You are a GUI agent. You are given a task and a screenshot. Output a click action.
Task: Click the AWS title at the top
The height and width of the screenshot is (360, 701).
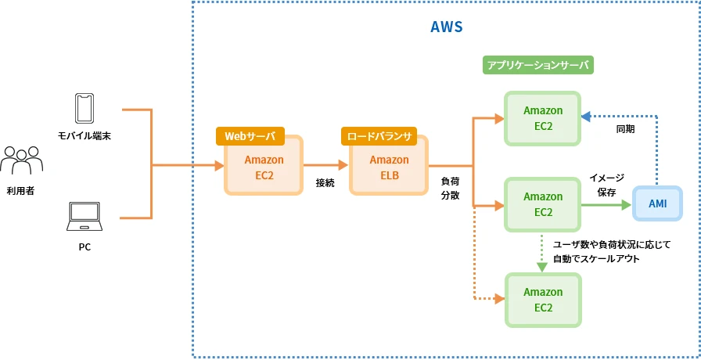tap(447, 27)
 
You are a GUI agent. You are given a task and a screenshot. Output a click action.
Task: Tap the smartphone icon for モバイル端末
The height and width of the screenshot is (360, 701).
tap(84, 109)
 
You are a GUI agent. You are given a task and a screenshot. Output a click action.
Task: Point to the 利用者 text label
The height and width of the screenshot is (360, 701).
tap(20, 190)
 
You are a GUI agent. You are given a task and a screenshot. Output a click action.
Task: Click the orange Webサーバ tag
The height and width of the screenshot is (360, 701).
tap(250, 136)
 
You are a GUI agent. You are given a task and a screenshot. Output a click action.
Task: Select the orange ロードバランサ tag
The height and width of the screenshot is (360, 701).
tap(379, 136)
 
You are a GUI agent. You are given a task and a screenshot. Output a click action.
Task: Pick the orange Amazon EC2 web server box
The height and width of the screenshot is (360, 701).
tap(264, 167)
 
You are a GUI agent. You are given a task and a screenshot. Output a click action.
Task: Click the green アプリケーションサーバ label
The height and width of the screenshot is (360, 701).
tap(537, 66)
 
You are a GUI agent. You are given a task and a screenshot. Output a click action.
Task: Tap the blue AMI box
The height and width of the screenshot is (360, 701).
tap(657, 203)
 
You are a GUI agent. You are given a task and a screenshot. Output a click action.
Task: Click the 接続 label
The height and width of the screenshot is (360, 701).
tap(325, 182)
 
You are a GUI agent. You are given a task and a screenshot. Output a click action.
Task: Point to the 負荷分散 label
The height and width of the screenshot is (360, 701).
tap(450, 188)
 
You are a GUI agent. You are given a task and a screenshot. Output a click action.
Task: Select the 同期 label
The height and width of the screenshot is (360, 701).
tap(625, 128)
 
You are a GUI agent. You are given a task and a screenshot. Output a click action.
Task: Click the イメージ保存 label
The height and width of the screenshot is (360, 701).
tap(606, 185)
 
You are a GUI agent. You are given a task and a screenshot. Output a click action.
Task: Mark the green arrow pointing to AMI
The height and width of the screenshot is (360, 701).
tap(607, 205)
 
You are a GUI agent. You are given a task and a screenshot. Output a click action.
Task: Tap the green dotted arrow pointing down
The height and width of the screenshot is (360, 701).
tap(542, 254)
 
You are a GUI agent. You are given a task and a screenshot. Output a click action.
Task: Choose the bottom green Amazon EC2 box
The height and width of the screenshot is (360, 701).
tap(543, 299)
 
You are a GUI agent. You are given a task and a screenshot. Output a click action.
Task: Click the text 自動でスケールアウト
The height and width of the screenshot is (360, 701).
tap(596, 258)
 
